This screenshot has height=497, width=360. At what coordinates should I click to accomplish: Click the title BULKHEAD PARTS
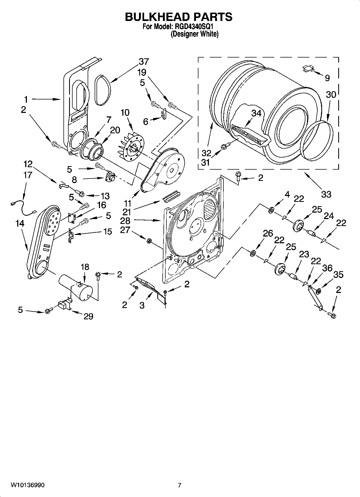(179, 17)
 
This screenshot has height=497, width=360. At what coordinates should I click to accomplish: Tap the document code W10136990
(28, 485)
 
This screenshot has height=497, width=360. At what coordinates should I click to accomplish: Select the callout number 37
(144, 62)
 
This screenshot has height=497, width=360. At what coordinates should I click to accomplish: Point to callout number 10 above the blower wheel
(125, 113)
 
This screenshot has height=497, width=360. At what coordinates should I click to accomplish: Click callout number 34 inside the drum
(256, 113)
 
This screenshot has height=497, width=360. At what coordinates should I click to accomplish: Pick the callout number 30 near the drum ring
(331, 95)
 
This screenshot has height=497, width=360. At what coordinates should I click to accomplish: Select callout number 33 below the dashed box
(326, 194)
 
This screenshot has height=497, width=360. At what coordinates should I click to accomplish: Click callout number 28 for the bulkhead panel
(125, 221)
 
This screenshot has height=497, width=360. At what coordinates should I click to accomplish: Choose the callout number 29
(88, 316)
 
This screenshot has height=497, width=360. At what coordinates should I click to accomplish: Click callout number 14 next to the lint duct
(20, 223)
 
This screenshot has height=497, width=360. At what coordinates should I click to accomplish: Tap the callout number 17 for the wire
(28, 175)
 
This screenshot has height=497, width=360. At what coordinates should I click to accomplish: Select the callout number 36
(327, 268)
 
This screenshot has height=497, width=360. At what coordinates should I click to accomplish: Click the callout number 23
(304, 254)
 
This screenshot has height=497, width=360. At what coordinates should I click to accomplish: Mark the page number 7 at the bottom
(180, 485)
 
